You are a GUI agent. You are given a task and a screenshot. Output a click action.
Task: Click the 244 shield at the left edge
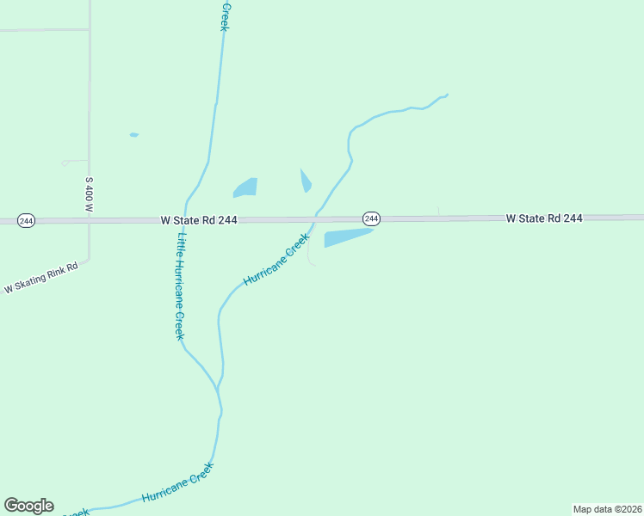pos(26,221)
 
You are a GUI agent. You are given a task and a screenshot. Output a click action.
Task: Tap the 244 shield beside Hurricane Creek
pos(371,219)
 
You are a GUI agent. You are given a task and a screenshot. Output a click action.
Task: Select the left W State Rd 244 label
pos(198,220)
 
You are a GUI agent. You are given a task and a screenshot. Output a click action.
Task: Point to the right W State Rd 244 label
pos(544,218)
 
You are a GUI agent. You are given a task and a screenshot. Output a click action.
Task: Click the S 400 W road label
pos(89,195)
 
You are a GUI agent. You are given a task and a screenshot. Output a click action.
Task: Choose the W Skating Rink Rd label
pos(40,278)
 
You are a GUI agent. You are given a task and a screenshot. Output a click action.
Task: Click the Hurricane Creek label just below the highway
pos(276,260)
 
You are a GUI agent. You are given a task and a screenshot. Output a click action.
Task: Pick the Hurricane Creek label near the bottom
pos(176,484)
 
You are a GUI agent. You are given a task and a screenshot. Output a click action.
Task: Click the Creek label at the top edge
pos(225,17)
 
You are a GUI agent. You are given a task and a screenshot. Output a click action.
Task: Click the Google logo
pos(28,506)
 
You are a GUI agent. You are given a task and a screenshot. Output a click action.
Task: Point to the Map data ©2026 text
pos(607,509)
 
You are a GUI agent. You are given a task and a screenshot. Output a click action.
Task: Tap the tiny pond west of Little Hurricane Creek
pos(133,135)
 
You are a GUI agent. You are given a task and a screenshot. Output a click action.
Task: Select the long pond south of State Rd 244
pos(346,237)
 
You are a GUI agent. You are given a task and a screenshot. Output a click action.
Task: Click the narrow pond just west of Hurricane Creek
pos(305,181)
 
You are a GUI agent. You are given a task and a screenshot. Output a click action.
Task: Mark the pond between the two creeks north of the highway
pos(245,187)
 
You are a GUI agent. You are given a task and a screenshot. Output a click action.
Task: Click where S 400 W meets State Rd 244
pos(90,221)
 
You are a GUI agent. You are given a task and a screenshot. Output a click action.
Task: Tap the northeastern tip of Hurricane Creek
pos(447,94)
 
